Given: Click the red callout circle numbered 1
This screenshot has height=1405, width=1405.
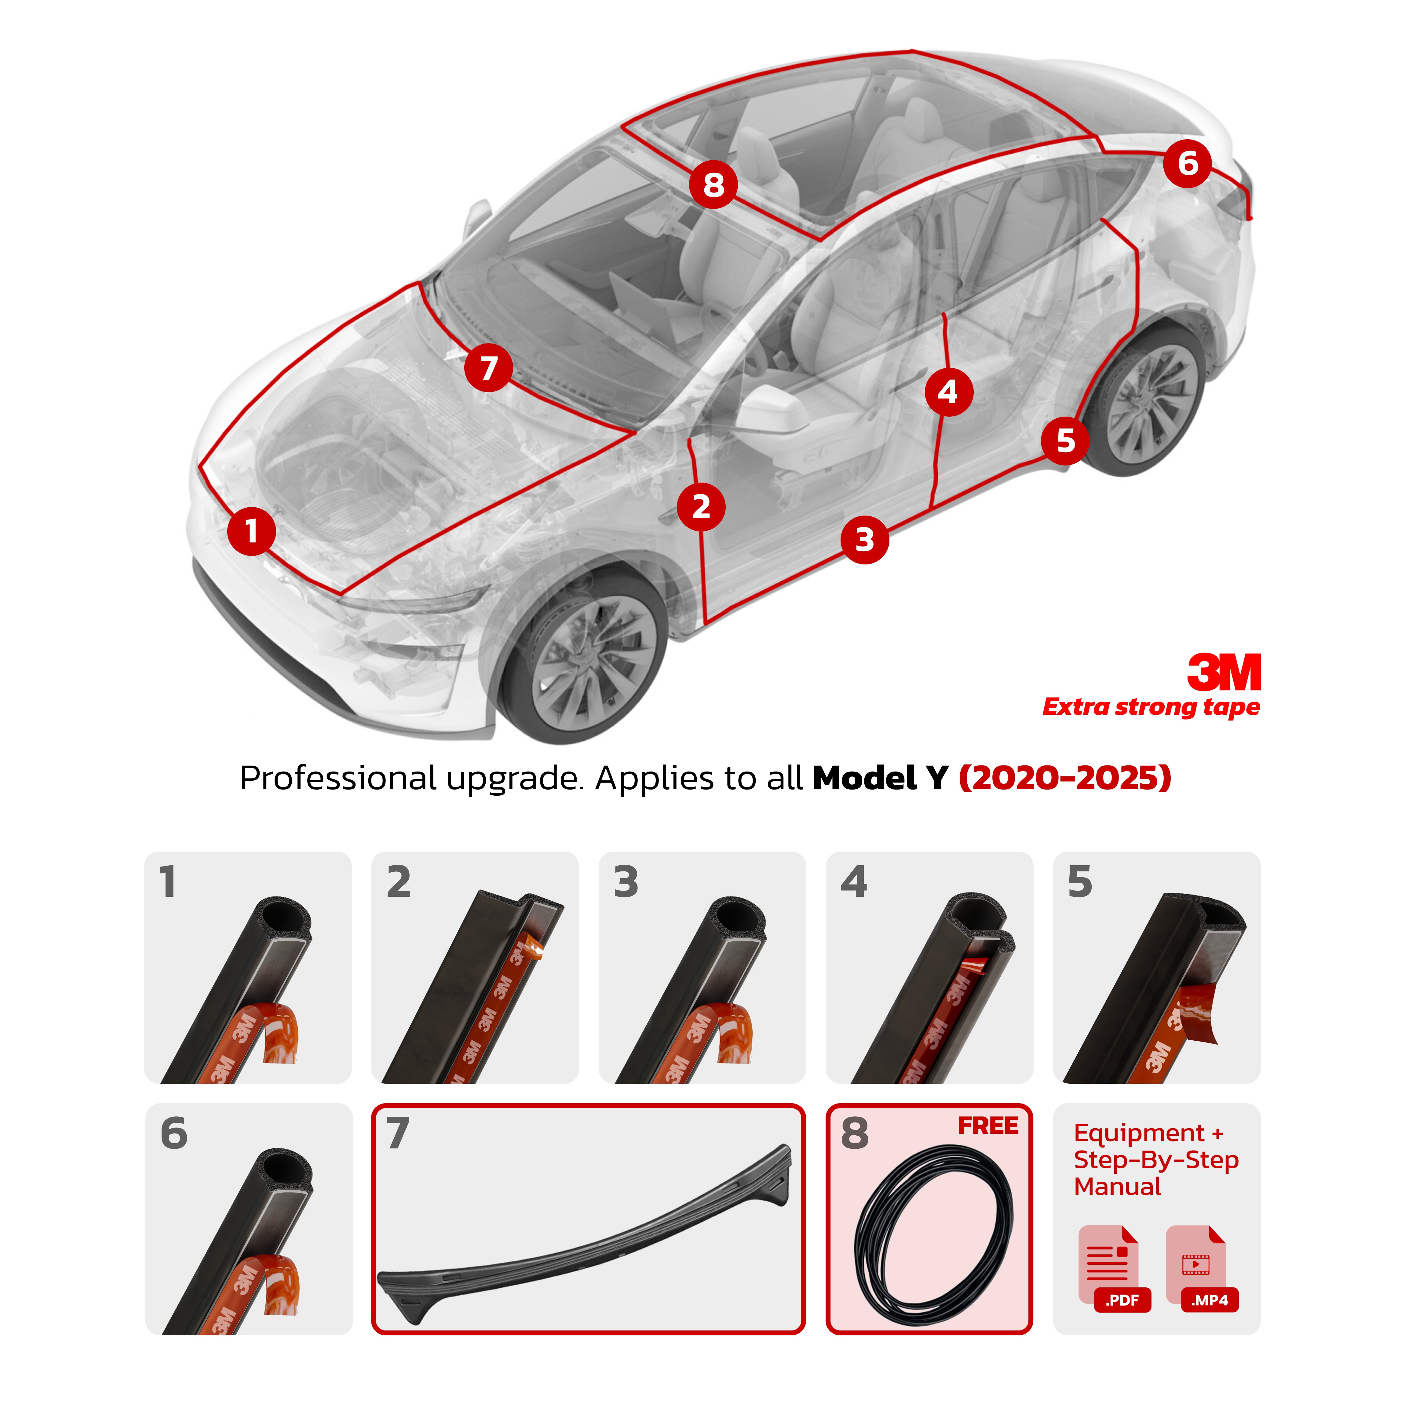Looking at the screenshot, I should click(x=251, y=531).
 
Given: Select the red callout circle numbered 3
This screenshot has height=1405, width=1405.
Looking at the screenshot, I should click(x=864, y=540).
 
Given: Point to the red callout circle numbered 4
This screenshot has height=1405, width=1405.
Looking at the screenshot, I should click(x=948, y=392).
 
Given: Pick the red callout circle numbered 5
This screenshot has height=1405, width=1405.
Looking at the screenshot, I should click(x=1065, y=440).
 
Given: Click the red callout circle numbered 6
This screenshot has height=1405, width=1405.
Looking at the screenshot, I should click(x=1187, y=164).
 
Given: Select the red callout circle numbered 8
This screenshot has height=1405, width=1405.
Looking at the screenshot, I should click(x=713, y=185).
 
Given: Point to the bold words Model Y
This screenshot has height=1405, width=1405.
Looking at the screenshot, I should click(x=880, y=778).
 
